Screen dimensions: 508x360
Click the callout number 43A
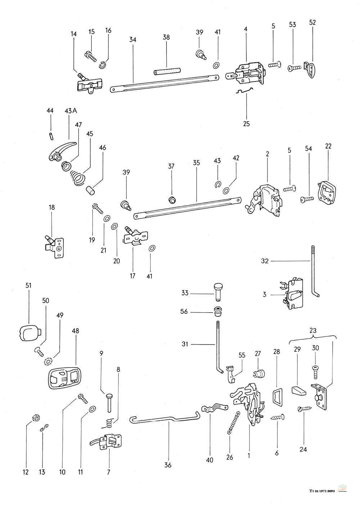[71, 111]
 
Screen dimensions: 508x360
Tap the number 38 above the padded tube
[166, 37]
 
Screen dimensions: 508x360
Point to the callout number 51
[28, 285]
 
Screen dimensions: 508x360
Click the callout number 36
[168, 465]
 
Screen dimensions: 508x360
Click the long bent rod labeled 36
[162, 419]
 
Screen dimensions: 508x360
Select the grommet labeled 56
[217, 311]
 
